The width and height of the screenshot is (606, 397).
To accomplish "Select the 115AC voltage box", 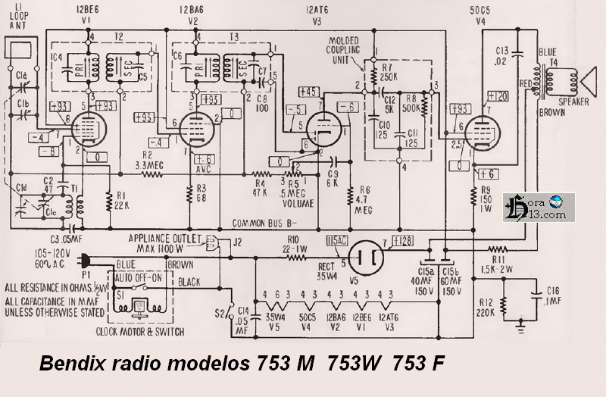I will pyautogui.click(x=336, y=240).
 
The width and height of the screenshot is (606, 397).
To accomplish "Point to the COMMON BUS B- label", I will pyautogui.click(x=264, y=224).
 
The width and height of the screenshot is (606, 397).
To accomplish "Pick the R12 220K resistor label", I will pyautogui.click(x=486, y=303).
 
